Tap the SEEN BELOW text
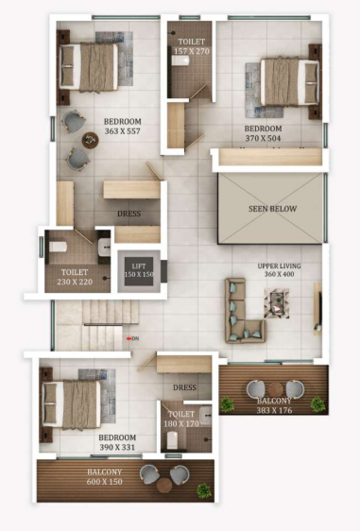point(269,209)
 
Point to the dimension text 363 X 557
point(123,133)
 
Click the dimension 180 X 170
point(182,424)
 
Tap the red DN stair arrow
point(131,337)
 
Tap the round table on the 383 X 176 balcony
point(275,388)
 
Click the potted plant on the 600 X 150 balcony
point(201,489)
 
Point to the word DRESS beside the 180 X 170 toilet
point(184,387)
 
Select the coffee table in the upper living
point(277,301)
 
